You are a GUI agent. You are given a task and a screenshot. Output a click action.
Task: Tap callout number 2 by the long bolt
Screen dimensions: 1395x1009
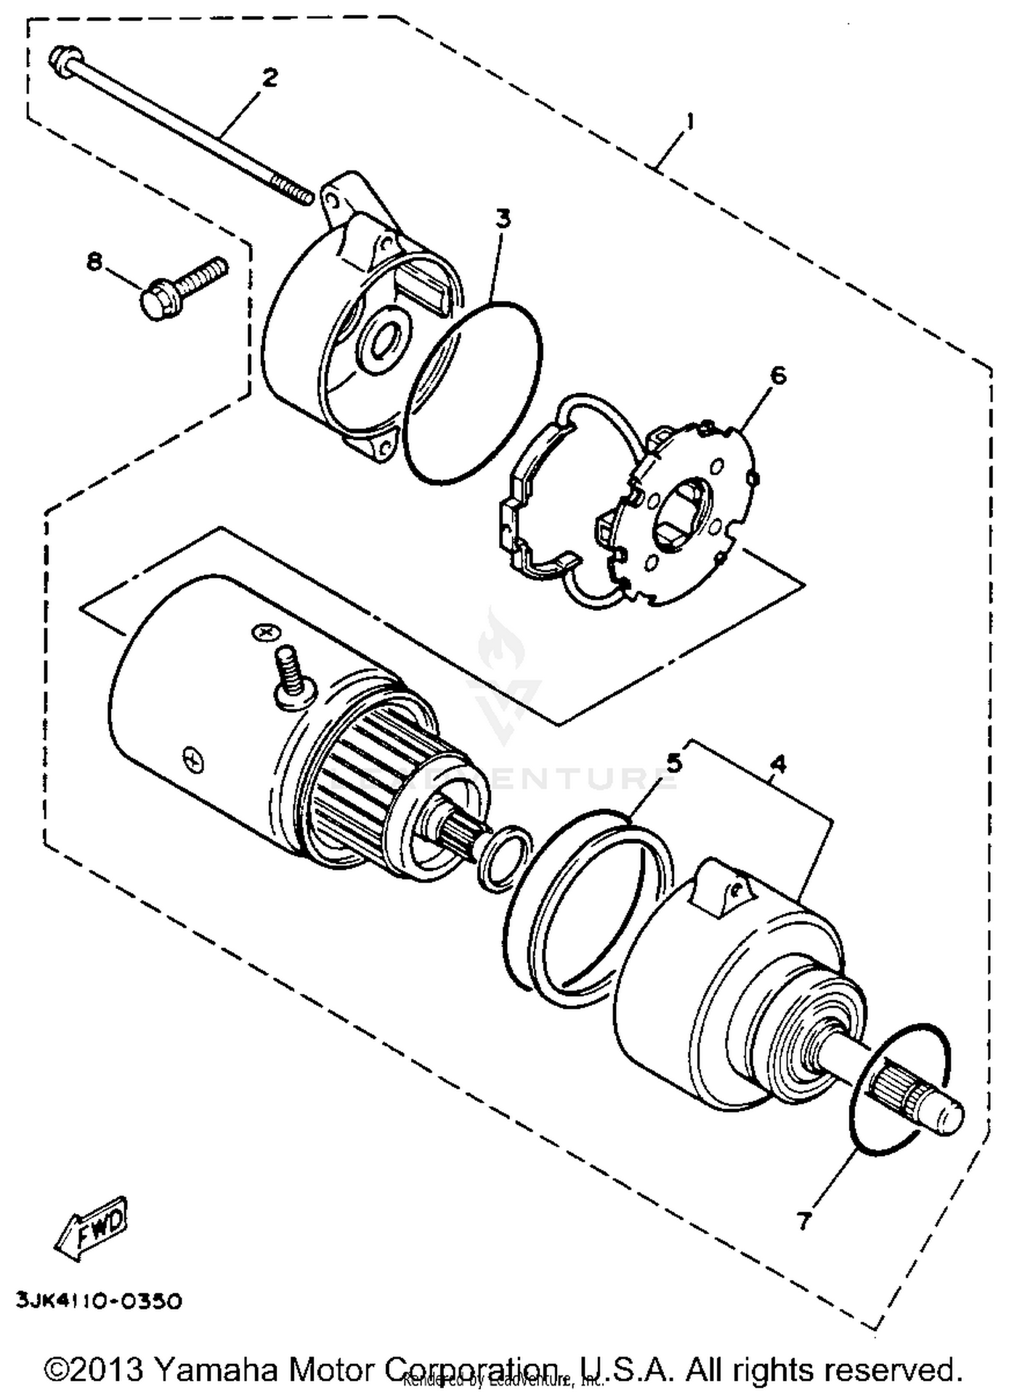(x=269, y=77)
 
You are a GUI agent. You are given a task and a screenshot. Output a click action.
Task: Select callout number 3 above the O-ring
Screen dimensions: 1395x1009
(x=502, y=219)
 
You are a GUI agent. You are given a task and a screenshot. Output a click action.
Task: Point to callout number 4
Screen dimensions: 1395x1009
(x=778, y=763)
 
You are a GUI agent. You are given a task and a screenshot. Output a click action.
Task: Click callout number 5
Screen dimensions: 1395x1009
(x=673, y=763)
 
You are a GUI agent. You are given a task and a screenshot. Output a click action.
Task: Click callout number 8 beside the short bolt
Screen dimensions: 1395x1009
(x=95, y=260)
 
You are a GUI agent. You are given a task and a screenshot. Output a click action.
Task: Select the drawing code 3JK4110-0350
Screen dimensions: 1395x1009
(x=99, y=1302)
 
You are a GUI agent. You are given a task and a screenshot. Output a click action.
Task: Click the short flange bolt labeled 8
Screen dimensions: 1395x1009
(x=182, y=287)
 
